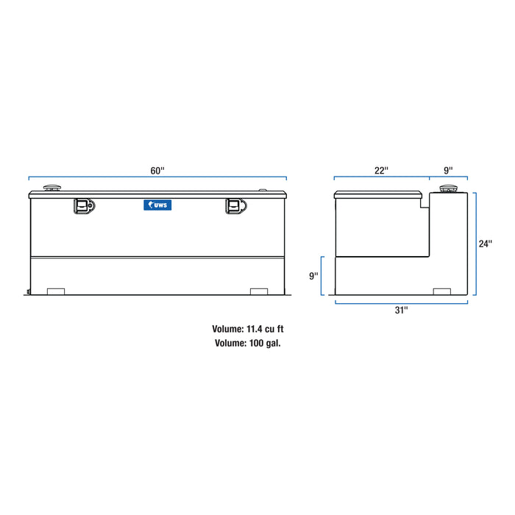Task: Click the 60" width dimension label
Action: [157, 171]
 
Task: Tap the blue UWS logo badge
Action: [157, 206]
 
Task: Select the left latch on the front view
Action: [82, 207]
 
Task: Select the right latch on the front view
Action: [235, 207]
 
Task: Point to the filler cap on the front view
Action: [53, 188]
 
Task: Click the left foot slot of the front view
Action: [56, 291]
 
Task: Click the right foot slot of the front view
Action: [259, 291]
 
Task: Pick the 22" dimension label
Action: [381, 171]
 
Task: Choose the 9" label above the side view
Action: [449, 171]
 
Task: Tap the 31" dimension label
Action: [401, 310]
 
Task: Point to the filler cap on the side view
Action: [449, 189]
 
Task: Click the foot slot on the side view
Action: [442, 291]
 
